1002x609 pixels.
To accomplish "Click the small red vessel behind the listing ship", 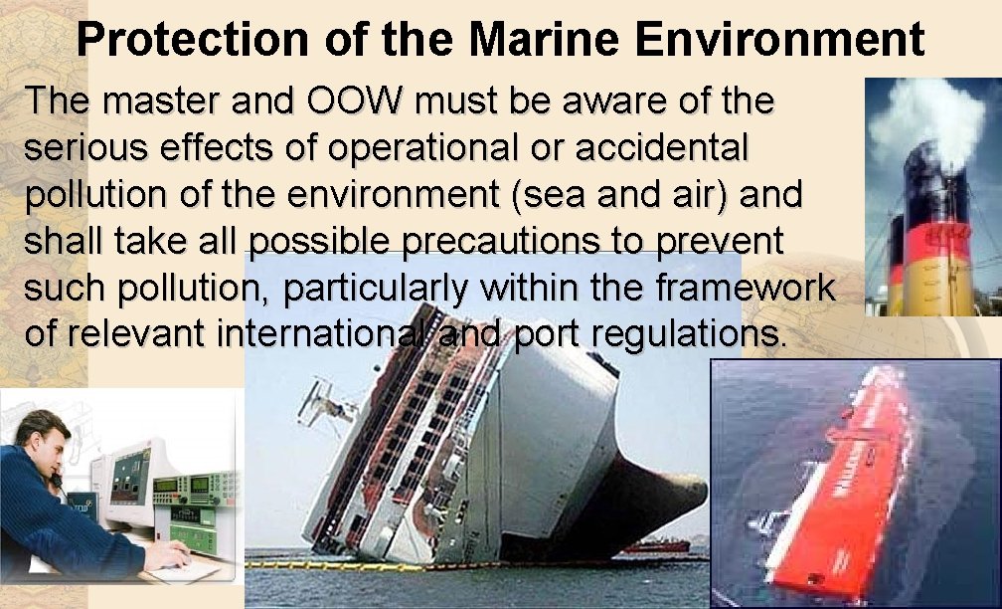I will click(656, 544).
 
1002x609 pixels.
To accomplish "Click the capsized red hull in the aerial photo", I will click(865, 478).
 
